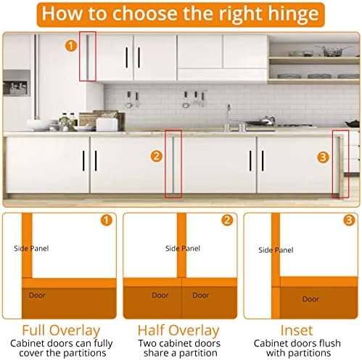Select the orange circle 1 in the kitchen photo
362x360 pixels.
(70, 45)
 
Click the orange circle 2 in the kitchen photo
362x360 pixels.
(156, 155)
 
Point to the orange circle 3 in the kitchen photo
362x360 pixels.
(324, 155)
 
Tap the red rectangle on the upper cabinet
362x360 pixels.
(87, 57)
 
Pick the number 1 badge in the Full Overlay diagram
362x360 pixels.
(107, 220)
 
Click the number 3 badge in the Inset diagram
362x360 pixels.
(349, 220)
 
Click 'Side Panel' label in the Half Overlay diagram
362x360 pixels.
(182, 248)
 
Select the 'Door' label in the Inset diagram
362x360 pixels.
(310, 299)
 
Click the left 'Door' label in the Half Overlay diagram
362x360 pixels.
(160, 295)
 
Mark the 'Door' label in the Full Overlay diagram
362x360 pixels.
(37, 295)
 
